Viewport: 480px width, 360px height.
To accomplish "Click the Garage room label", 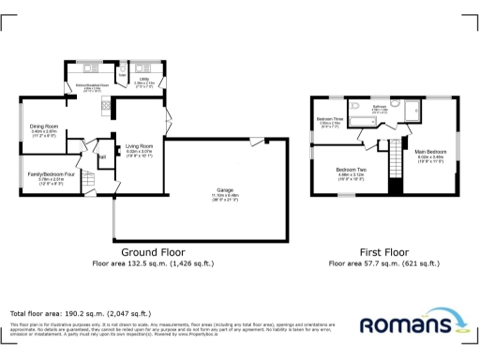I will point(225,191).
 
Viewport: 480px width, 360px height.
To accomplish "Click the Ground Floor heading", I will point(153,253).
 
